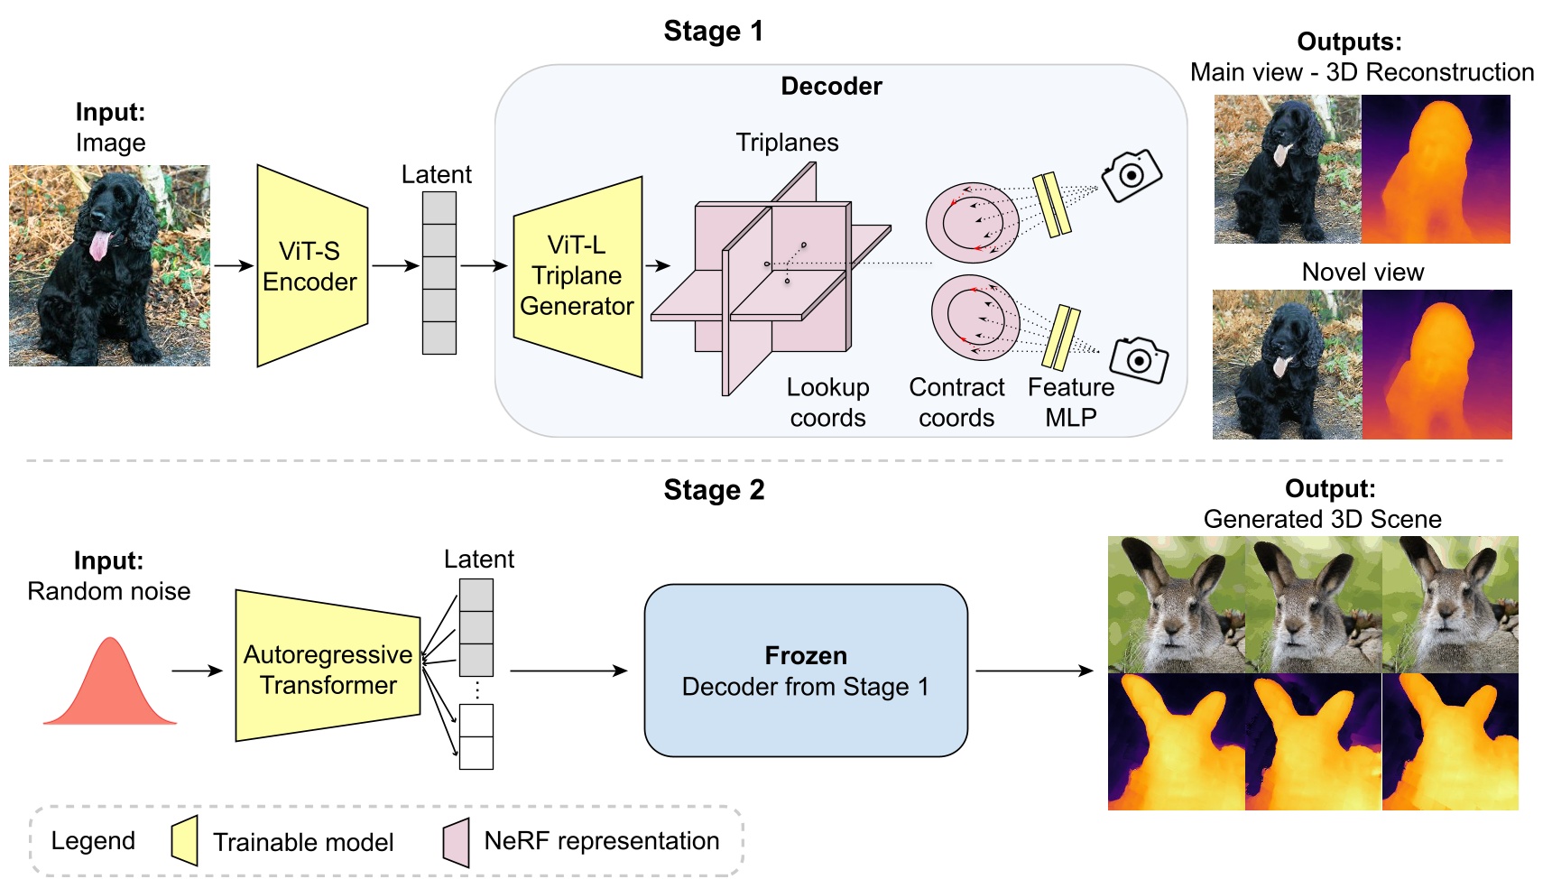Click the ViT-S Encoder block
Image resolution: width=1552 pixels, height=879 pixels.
tap(311, 266)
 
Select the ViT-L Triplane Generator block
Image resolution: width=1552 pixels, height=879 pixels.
tap(577, 276)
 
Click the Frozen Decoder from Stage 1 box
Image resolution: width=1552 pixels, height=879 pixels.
tap(805, 671)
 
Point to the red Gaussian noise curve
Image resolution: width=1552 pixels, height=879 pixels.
tap(110, 686)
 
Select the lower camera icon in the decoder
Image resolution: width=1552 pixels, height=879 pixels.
tap(1139, 360)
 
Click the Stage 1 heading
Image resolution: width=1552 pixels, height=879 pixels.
tap(713, 32)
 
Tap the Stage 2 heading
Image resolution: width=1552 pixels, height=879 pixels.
tap(713, 490)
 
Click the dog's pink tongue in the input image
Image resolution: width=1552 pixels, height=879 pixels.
tap(99, 245)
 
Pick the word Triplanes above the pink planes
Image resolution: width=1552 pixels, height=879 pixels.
tap(787, 143)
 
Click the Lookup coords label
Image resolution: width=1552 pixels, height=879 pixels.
tap(827, 402)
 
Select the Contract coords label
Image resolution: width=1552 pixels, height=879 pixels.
tap(956, 402)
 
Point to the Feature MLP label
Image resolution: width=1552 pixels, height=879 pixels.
tap(1071, 402)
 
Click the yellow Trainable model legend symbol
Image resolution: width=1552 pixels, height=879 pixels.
tap(185, 841)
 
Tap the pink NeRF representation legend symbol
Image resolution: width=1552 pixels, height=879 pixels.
tap(457, 842)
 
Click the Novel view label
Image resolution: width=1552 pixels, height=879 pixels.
tap(1363, 273)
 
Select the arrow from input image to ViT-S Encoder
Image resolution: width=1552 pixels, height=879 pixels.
tap(233, 265)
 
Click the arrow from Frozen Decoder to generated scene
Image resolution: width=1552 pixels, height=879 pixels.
tap(1034, 671)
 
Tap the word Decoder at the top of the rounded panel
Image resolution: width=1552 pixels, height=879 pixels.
tap(831, 87)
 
